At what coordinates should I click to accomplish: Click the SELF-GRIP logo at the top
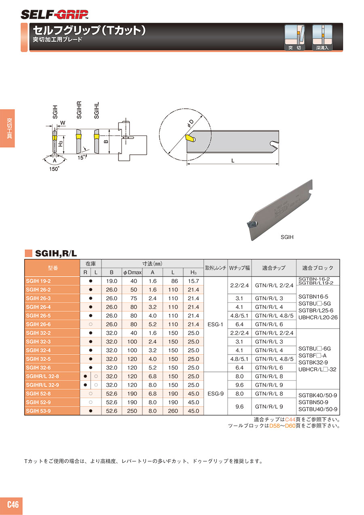[x=55, y=15]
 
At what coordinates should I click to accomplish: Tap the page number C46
[x=13, y=504]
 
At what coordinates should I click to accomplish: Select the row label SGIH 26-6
[x=38, y=324]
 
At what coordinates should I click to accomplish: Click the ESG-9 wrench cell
[x=215, y=394]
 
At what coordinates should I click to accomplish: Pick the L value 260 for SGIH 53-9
[x=173, y=411]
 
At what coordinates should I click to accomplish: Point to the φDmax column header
[x=132, y=272]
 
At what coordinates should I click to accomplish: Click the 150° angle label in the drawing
[x=54, y=169]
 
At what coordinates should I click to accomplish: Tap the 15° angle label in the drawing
[x=81, y=158]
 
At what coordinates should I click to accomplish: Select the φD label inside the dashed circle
[x=190, y=123]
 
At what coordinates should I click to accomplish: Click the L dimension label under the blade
[x=233, y=160]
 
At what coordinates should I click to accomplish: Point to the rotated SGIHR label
[x=79, y=110]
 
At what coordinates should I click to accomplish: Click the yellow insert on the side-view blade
[x=190, y=138]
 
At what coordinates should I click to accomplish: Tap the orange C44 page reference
[x=290, y=420]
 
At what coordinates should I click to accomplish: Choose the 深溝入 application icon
[x=322, y=38]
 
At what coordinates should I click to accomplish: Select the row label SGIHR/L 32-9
[x=42, y=385]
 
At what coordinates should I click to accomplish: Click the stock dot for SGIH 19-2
[x=91, y=281]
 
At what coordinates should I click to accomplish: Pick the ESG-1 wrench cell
[x=215, y=324]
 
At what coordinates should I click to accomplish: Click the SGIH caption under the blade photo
[x=287, y=237]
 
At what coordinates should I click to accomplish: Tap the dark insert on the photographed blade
[x=252, y=224]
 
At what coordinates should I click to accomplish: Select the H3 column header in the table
[x=193, y=272]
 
